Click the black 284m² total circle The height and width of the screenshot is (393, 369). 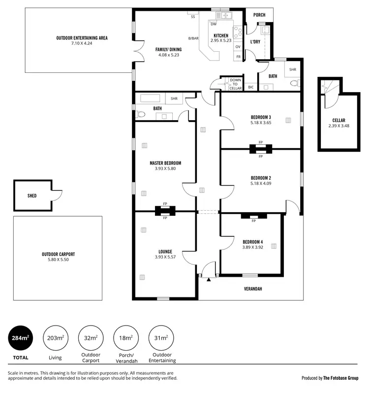[21, 338]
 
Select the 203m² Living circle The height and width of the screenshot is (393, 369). [55, 338]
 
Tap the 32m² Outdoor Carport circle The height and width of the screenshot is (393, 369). [91, 338]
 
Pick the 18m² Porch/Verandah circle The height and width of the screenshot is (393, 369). [125, 338]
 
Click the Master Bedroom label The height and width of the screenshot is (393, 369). [165, 163]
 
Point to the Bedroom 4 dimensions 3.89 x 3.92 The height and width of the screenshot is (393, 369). [252, 248]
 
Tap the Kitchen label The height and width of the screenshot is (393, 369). [220, 35]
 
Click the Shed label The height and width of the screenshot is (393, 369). [32, 196]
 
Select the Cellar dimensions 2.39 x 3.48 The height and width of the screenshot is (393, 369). [338, 126]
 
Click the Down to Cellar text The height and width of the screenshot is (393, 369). [236, 84]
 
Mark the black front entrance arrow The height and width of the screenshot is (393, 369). [209, 280]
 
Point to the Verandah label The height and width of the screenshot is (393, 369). [253, 289]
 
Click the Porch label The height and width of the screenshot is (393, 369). [259, 15]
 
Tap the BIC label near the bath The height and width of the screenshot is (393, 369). [251, 87]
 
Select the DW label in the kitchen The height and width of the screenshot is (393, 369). [214, 24]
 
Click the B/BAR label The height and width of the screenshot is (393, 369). [193, 38]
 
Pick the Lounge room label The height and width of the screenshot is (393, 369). [165, 251]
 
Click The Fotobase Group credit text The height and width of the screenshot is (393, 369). [344, 378]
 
